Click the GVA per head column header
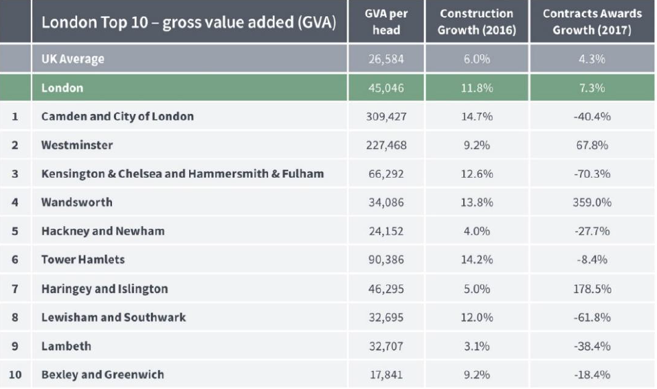[x=386, y=22]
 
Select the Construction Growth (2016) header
[x=477, y=22]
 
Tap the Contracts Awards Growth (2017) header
[x=592, y=22]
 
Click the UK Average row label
[x=72, y=59]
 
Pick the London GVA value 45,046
[x=386, y=88]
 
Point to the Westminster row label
[x=77, y=145]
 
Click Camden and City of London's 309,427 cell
[x=386, y=117]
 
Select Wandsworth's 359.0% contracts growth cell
[x=592, y=203]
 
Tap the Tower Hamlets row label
[x=83, y=260]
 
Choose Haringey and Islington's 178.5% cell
[x=592, y=289]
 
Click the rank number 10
[x=15, y=375]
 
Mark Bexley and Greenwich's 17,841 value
[x=386, y=375]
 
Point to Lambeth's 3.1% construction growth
[x=477, y=346]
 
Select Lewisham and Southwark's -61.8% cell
[x=592, y=317]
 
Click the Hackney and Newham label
[x=103, y=231]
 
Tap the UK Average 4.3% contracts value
[x=592, y=59]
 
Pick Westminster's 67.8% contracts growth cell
[x=592, y=145]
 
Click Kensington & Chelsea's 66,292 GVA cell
[x=386, y=174]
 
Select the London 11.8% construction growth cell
[x=477, y=88]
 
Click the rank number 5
[x=15, y=231]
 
